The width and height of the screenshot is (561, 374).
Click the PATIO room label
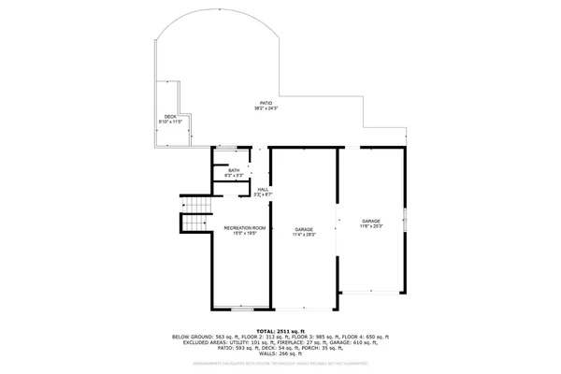(267, 104)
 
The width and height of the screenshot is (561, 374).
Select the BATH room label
(234, 169)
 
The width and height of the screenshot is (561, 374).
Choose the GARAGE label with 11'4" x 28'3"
(304, 229)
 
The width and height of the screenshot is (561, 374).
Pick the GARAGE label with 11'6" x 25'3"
(372, 220)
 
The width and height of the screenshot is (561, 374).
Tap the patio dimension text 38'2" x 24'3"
(267, 109)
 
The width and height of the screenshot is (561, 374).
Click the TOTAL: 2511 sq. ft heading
(280, 330)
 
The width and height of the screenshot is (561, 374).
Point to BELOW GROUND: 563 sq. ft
(204, 337)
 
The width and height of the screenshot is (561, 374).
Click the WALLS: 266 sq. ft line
(280, 353)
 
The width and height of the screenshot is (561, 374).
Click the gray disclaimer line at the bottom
(280, 366)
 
